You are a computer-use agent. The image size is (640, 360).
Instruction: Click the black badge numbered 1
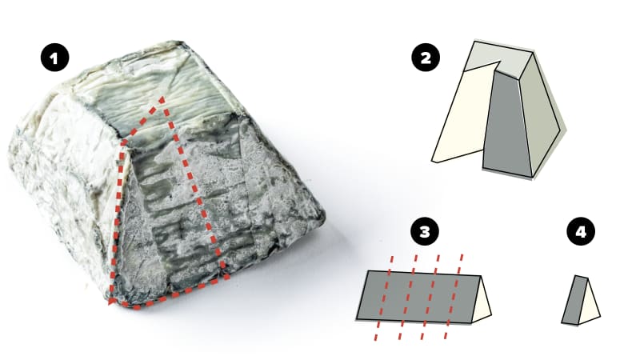(54, 57)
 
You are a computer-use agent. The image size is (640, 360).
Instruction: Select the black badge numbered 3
(424, 233)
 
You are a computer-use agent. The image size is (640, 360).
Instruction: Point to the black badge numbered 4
(578, 233)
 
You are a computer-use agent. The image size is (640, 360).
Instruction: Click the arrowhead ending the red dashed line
(113, 302)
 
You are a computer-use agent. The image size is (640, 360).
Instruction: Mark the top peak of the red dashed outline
(162, 98)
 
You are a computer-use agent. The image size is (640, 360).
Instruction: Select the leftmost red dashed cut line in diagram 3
(383, 298)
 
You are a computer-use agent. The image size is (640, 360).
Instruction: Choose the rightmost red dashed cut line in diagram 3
(454, 298)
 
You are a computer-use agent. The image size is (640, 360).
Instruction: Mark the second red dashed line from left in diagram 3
(407, 298)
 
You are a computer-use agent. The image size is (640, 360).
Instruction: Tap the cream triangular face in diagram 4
(590, 308)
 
